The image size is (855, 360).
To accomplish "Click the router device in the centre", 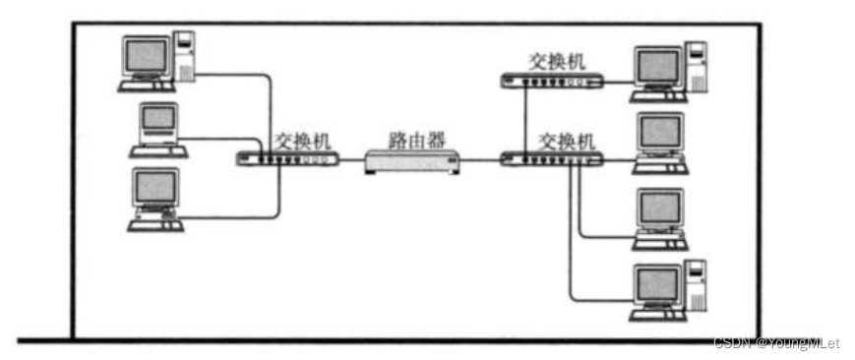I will click(x=412, y=160).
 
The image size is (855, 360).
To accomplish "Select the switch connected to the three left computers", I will click(x=287, y=158).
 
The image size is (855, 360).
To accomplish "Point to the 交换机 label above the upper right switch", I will click(x=557, y=60).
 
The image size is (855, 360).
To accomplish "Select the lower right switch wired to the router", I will click(x=549, y=158).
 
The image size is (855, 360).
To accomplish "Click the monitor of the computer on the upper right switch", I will click(x=658, y=68).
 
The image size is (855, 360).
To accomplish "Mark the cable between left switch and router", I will click(x=351, y=159).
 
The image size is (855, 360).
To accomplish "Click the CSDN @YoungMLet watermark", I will click(x=775, y=343).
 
